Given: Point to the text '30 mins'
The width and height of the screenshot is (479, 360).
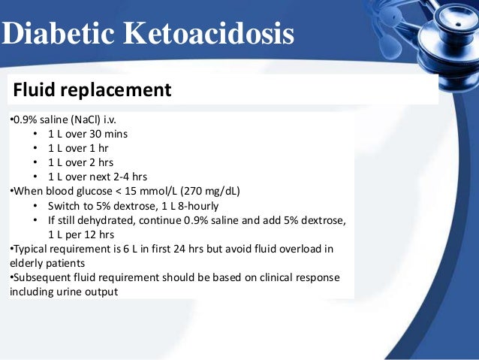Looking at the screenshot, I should [x=108, y=135].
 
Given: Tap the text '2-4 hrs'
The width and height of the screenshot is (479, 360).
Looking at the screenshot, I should [x=128, y=177].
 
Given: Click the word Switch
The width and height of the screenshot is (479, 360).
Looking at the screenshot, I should [x=65, y=205].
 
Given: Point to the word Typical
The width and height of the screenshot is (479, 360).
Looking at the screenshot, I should [x=32, y=248].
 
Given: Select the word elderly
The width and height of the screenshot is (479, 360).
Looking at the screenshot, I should [x=26, y=262].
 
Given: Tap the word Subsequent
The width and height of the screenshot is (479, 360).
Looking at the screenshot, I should [x=41, y=277].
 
